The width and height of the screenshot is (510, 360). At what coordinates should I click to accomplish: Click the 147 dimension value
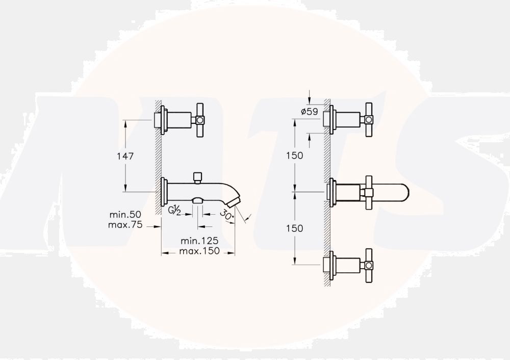point(125,157)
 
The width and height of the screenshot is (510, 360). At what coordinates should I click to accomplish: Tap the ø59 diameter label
point(310,112)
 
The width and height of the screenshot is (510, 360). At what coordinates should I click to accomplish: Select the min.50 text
point(125,215)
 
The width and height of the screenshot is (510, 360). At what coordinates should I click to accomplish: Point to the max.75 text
point(125,225)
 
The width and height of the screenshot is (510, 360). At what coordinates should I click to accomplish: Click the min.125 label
point(199,241)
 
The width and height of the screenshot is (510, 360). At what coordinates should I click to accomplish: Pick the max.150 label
point(199,251)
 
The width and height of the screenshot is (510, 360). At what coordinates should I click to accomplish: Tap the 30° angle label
point(227,215)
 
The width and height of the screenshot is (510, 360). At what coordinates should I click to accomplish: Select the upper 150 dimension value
point(295,156)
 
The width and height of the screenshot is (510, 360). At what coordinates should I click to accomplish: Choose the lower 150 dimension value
point(295,228)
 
